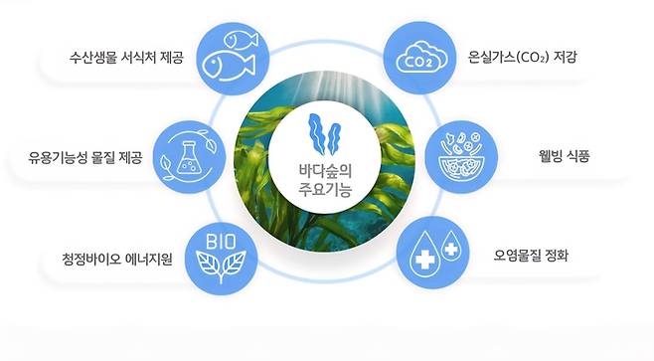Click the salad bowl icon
[x=460, y=155]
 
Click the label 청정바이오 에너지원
[x=118, y=262]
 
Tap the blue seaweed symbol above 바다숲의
[x=326, y=134]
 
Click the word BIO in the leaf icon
[x=221, y=242]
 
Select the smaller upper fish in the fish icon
[x=240, y=40]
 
